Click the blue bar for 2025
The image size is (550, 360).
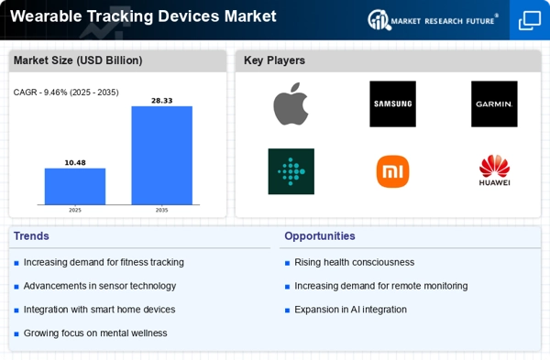click(75, 186)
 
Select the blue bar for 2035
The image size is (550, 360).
click(161, 156)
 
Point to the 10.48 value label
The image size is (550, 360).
click(75, 163)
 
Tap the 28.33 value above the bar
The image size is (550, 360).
click(161, 101)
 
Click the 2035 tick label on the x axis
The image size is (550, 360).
click(161, 211)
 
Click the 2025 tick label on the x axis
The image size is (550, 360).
click(75, 211)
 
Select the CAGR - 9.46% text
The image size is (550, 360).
click(40, 93)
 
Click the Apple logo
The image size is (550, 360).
click(291, 104)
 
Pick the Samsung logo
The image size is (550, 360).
click(392, 104)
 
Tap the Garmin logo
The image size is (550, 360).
click(494, 104)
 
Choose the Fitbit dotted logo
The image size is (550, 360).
click(291, 171)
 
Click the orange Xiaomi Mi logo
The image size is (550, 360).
click(392, 171)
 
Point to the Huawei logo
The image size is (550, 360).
click(495, 170)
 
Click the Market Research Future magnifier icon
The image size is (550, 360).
click(379, 19)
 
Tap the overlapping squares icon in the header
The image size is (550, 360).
click(530, 20)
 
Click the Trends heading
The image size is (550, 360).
click(31, 236)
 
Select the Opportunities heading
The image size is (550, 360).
click(320, 236)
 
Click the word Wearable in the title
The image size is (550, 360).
click(46, 16)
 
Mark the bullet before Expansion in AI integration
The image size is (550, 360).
click(287, 311)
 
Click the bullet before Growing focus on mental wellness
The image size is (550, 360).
click(16, 333)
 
